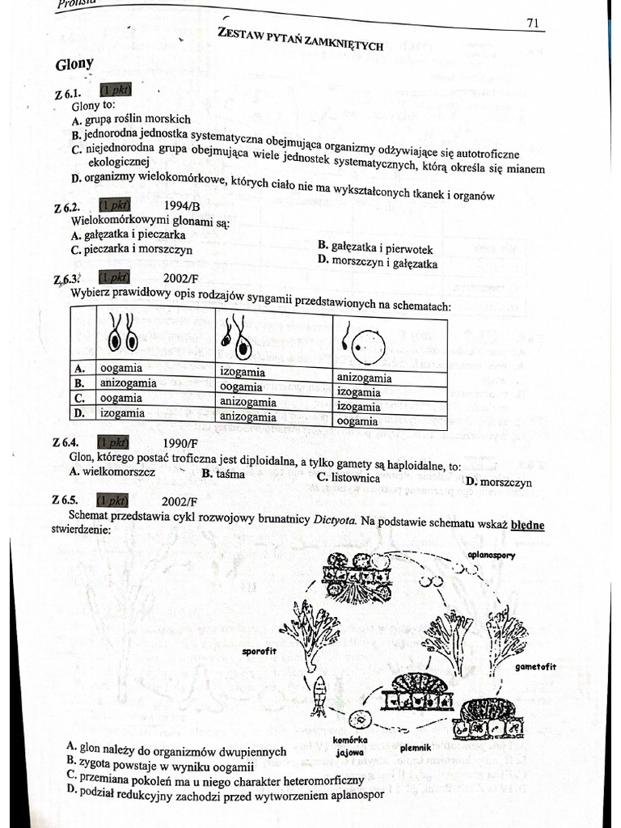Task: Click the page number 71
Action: point(532,23)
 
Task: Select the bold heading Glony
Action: point(74,64)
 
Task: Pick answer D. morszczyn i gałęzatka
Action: point(378,263)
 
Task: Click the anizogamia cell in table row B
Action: point(127,383)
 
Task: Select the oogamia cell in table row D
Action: point(357,421)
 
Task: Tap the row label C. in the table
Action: point(80,398)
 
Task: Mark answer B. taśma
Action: point(223,474)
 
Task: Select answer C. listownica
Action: point(349,478)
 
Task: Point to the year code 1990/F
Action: point(180,443)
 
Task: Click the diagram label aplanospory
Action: point(492,556)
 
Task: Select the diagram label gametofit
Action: point(535,667)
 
